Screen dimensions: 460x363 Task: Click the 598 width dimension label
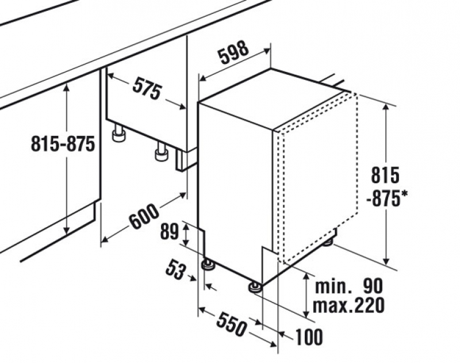point(233,52)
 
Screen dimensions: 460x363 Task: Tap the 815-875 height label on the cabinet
point(63,143)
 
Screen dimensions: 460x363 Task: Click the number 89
point(169,232)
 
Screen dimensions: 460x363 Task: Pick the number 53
point(176,270)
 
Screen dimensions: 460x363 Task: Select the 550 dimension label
point(231,324)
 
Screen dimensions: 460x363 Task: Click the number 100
point(309,337)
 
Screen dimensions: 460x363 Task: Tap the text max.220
point(348,305)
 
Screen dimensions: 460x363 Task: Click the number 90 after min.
point(373,286)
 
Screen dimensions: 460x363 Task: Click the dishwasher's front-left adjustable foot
point(208,265)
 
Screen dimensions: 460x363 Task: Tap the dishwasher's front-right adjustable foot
point(255,287)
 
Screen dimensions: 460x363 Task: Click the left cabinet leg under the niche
point(119,133)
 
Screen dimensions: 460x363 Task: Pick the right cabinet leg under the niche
point(162,151)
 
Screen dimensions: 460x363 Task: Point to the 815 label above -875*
point(385,175)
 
